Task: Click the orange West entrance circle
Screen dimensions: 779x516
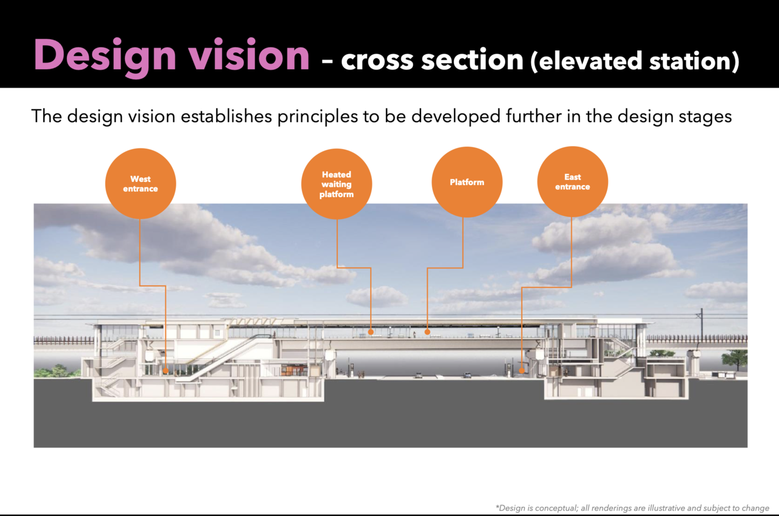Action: point(141,184)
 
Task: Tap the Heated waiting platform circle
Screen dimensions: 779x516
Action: point(337,184)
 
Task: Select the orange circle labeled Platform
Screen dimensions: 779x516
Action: point(467,182)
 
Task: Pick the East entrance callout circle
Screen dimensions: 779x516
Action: point(573,181)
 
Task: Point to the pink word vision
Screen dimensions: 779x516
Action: point(250,55)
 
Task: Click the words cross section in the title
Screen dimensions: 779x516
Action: point(432,60)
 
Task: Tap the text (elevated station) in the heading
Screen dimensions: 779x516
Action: point(635,61)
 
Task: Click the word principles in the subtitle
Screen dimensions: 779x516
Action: point(318,116)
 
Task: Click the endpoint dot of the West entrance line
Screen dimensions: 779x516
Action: point(166,371)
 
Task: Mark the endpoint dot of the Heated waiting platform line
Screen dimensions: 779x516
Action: point(371,332)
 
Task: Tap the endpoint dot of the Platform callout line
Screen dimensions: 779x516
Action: point(427,332)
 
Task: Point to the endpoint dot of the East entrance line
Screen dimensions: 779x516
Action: point(522,371)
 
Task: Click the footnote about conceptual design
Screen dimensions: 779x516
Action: point(632,508)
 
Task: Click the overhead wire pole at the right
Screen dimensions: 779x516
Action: point(702,325)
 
